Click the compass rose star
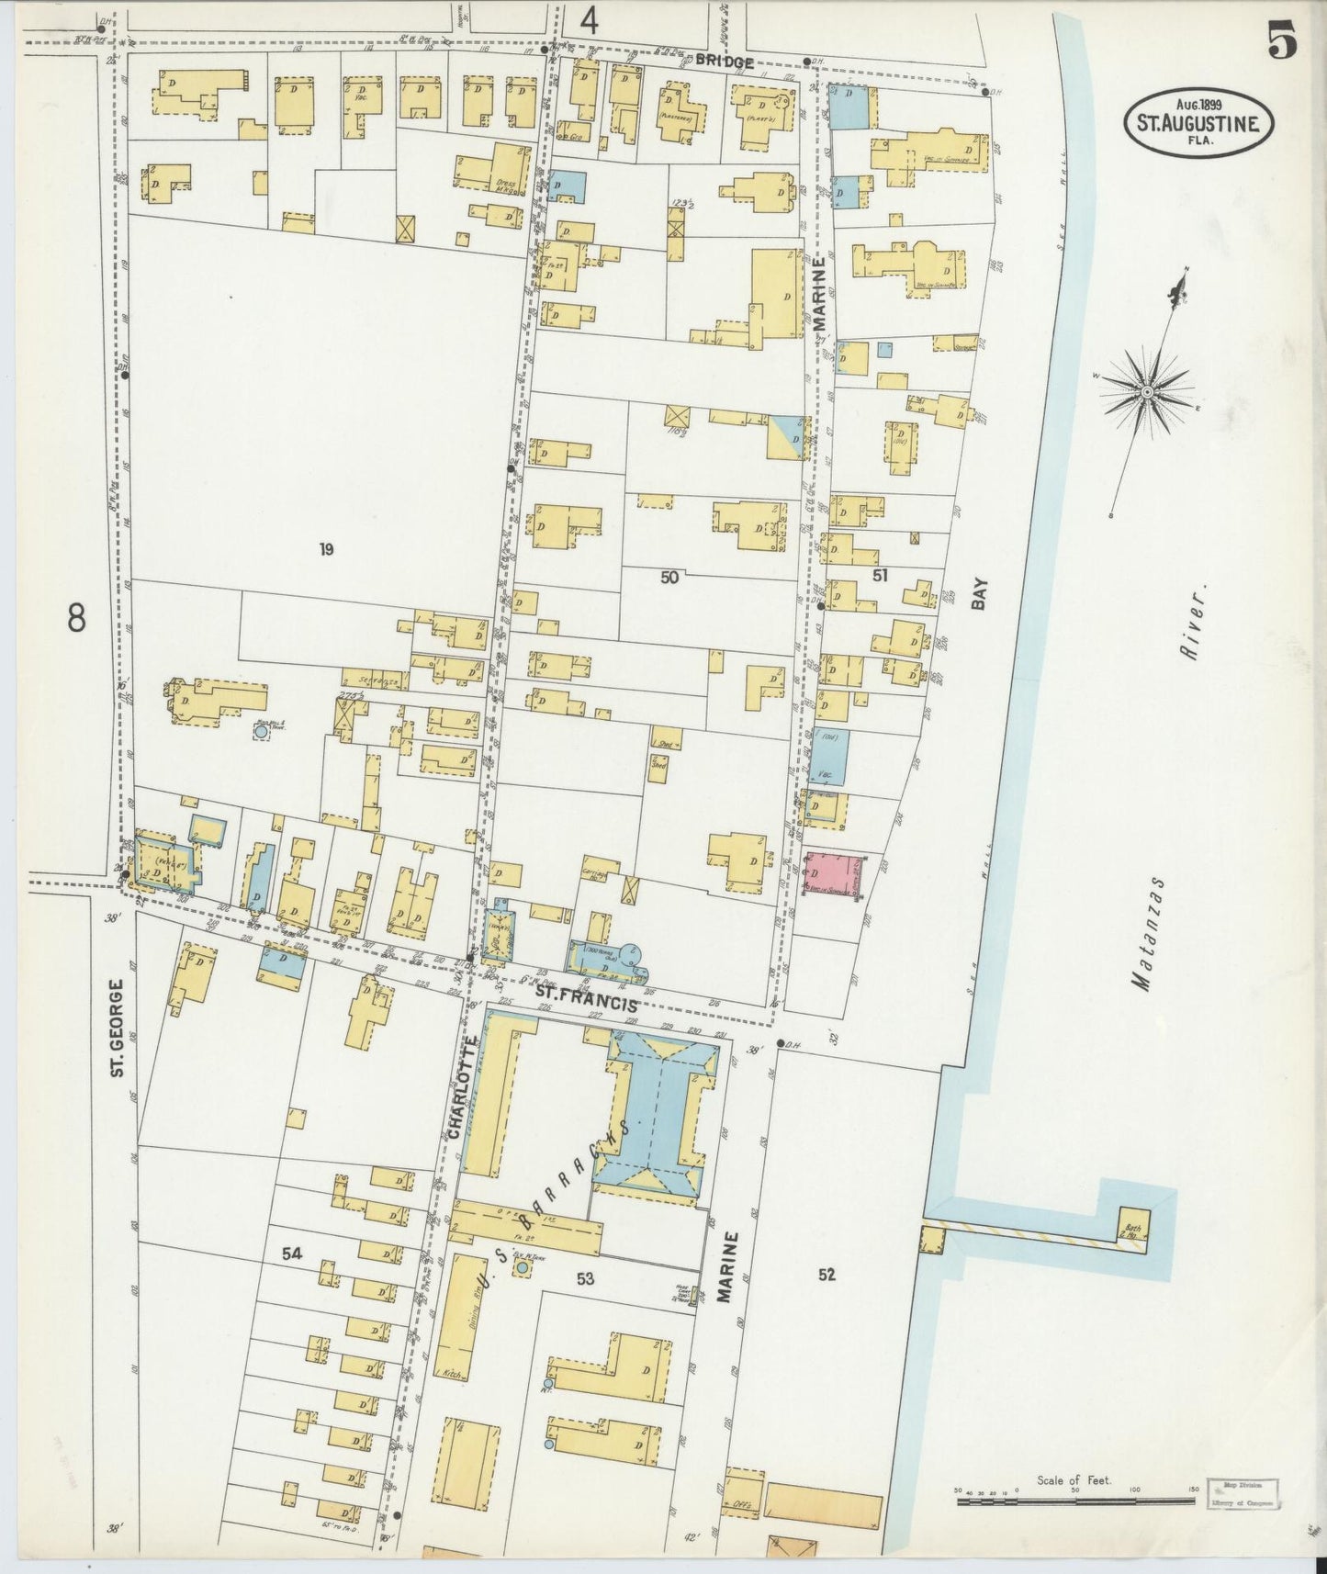pyautogui.click(x=1148, y=392)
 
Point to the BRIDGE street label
pyautogui.click(x=724, y=62)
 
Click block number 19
pyautogui.click(x=325, y=550)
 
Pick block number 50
pyautogui.click(x=669, y=577)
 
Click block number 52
pyautogui.click(x=827, y=1274)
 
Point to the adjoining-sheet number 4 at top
pyautogui.click(x=589, y=20)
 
